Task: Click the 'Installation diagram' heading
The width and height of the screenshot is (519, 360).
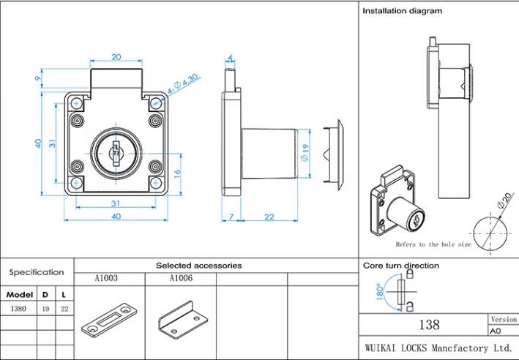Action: [x=402, y=12]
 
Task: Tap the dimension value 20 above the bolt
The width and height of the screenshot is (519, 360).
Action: [x=116, y=57]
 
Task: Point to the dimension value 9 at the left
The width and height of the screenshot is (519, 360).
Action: [x=37, y=79]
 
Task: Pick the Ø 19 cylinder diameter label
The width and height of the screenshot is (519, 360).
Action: [x=306, y=153]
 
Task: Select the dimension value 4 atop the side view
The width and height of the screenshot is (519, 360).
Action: [x=230, y=57]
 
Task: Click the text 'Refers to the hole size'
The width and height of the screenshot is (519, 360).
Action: [x=433, y=244]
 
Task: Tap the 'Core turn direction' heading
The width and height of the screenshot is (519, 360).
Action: [x=401, y=265]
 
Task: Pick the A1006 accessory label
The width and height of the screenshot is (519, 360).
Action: [x=181, y=279]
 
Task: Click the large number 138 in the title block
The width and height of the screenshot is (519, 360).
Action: [x=423, y=323]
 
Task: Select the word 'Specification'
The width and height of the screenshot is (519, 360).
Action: [x=37, y=272]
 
